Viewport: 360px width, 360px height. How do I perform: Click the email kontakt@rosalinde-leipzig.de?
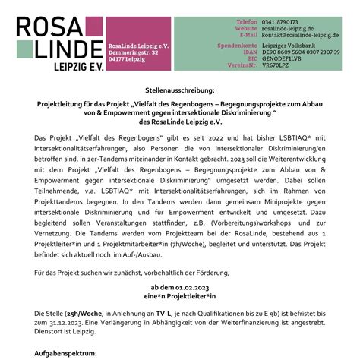point(302,35)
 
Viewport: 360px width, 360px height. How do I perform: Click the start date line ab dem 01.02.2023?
point(179,288)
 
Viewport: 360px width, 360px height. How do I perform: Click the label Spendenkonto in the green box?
point(239,46)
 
